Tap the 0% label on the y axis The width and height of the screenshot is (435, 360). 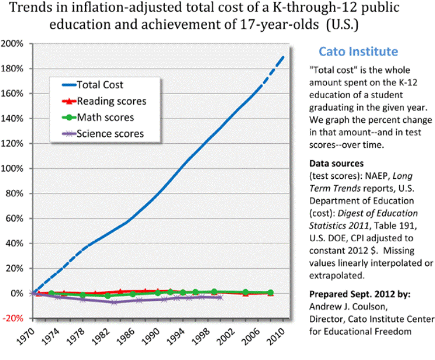click(16, 293)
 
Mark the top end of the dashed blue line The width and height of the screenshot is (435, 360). click(285, 56)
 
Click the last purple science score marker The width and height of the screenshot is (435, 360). click(220, 297)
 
